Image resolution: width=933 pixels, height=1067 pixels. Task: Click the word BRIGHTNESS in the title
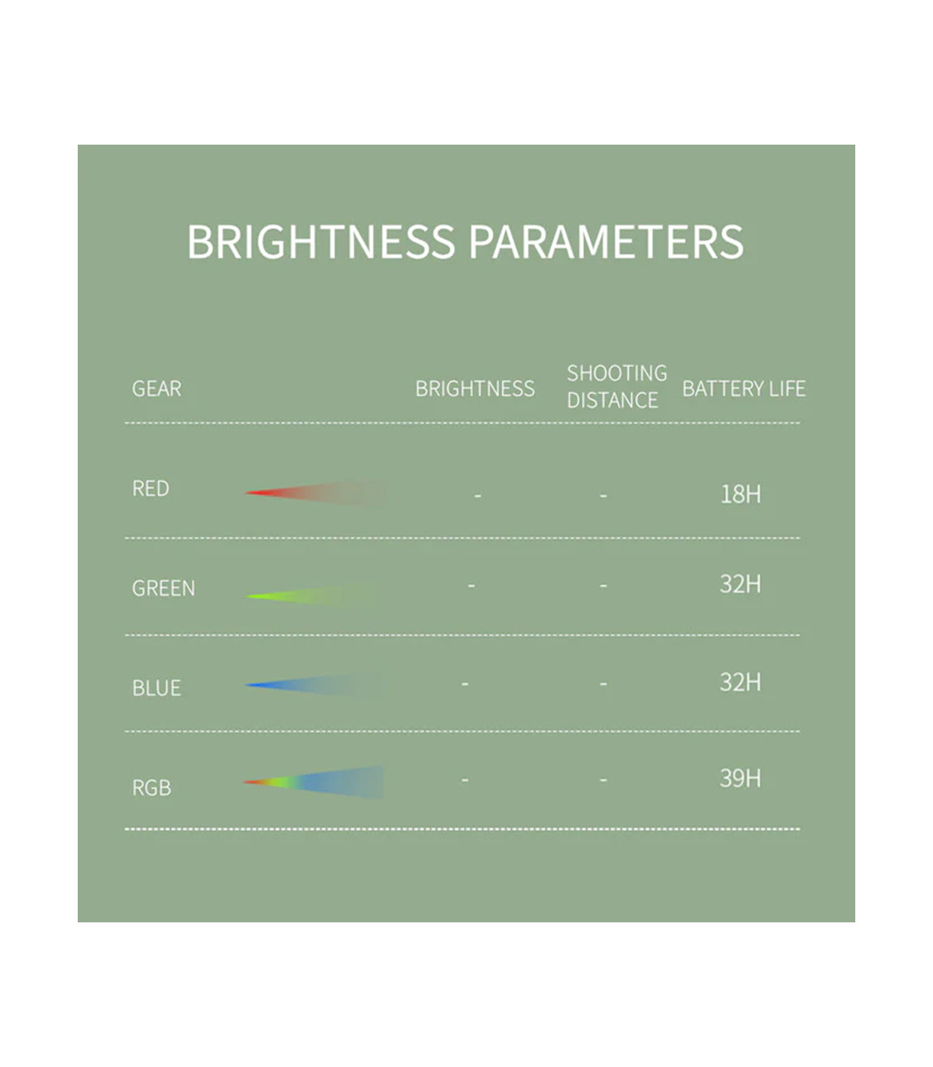[x=321, y=241]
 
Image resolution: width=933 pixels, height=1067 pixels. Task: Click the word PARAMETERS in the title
[x=606, y=241]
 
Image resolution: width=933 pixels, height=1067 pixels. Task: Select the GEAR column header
[x=156, y=389]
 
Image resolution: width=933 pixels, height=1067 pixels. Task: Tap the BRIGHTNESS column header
[x=475, y=389]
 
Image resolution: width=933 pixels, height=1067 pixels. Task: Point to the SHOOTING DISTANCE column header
[x=617, y=387]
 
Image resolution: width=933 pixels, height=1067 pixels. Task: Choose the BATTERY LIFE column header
[x=744, y=389]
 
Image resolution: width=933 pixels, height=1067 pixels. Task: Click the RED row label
[x=151, y=488]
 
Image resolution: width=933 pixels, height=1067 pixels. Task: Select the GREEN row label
[x=164, y=588]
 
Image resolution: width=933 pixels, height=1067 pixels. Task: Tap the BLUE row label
[x=156, y=687]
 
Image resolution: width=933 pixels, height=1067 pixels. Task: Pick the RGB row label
[x=152, y=788]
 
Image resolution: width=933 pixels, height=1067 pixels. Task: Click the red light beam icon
[x=315, y=493]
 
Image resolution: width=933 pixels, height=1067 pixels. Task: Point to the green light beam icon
[x=311, y=595]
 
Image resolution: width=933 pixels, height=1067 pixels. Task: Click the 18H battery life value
[x=740, y=494]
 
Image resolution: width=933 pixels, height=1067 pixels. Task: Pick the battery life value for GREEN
[x=740, y=584]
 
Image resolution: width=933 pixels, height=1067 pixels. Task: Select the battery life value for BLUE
[x=740, y=682]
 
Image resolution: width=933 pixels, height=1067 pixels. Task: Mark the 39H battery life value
[x=740, y=778]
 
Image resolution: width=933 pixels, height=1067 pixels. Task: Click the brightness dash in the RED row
[x=478, y=495]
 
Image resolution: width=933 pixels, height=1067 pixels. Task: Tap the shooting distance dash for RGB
[x=603, y=780]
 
